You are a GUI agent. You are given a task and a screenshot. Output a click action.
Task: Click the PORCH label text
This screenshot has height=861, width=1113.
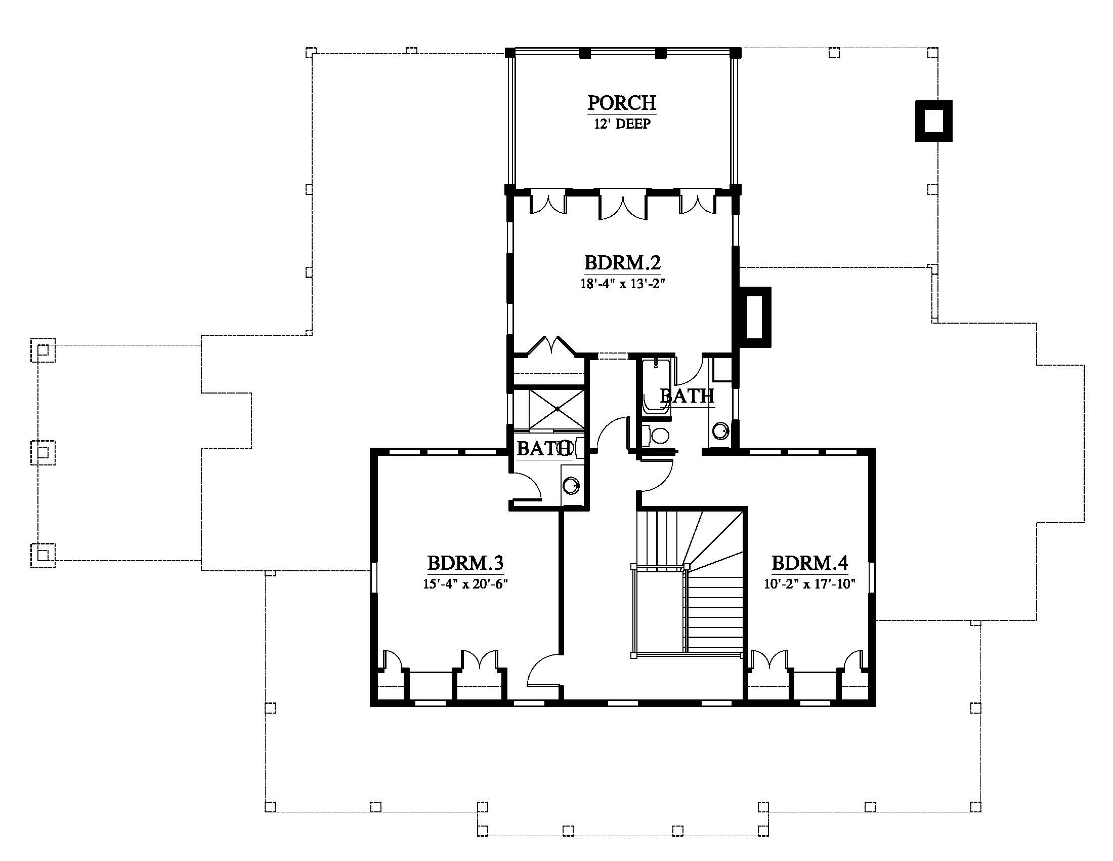622,102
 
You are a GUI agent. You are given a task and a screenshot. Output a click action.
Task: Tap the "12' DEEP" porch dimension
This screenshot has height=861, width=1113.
622,124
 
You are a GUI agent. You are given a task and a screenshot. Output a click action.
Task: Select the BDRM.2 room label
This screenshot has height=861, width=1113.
622,263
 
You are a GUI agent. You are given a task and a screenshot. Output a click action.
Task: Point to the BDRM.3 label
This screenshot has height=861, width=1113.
465,563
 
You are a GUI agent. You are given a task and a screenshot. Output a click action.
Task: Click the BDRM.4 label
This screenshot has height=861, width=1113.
810,563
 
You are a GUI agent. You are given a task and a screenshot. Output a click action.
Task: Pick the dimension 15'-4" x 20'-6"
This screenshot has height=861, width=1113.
466,584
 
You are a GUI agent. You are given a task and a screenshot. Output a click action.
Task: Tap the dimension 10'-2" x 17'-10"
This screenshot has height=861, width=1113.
809,584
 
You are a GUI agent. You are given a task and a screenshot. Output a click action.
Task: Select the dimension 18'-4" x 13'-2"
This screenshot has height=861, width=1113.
623,284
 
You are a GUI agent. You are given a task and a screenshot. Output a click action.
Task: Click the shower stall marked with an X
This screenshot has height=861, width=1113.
556,409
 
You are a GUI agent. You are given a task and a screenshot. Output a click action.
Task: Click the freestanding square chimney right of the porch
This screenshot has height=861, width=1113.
933,121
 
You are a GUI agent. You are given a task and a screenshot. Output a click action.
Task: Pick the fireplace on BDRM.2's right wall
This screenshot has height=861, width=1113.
752,317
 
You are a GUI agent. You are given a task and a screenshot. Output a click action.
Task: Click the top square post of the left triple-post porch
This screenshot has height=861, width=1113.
43,350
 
